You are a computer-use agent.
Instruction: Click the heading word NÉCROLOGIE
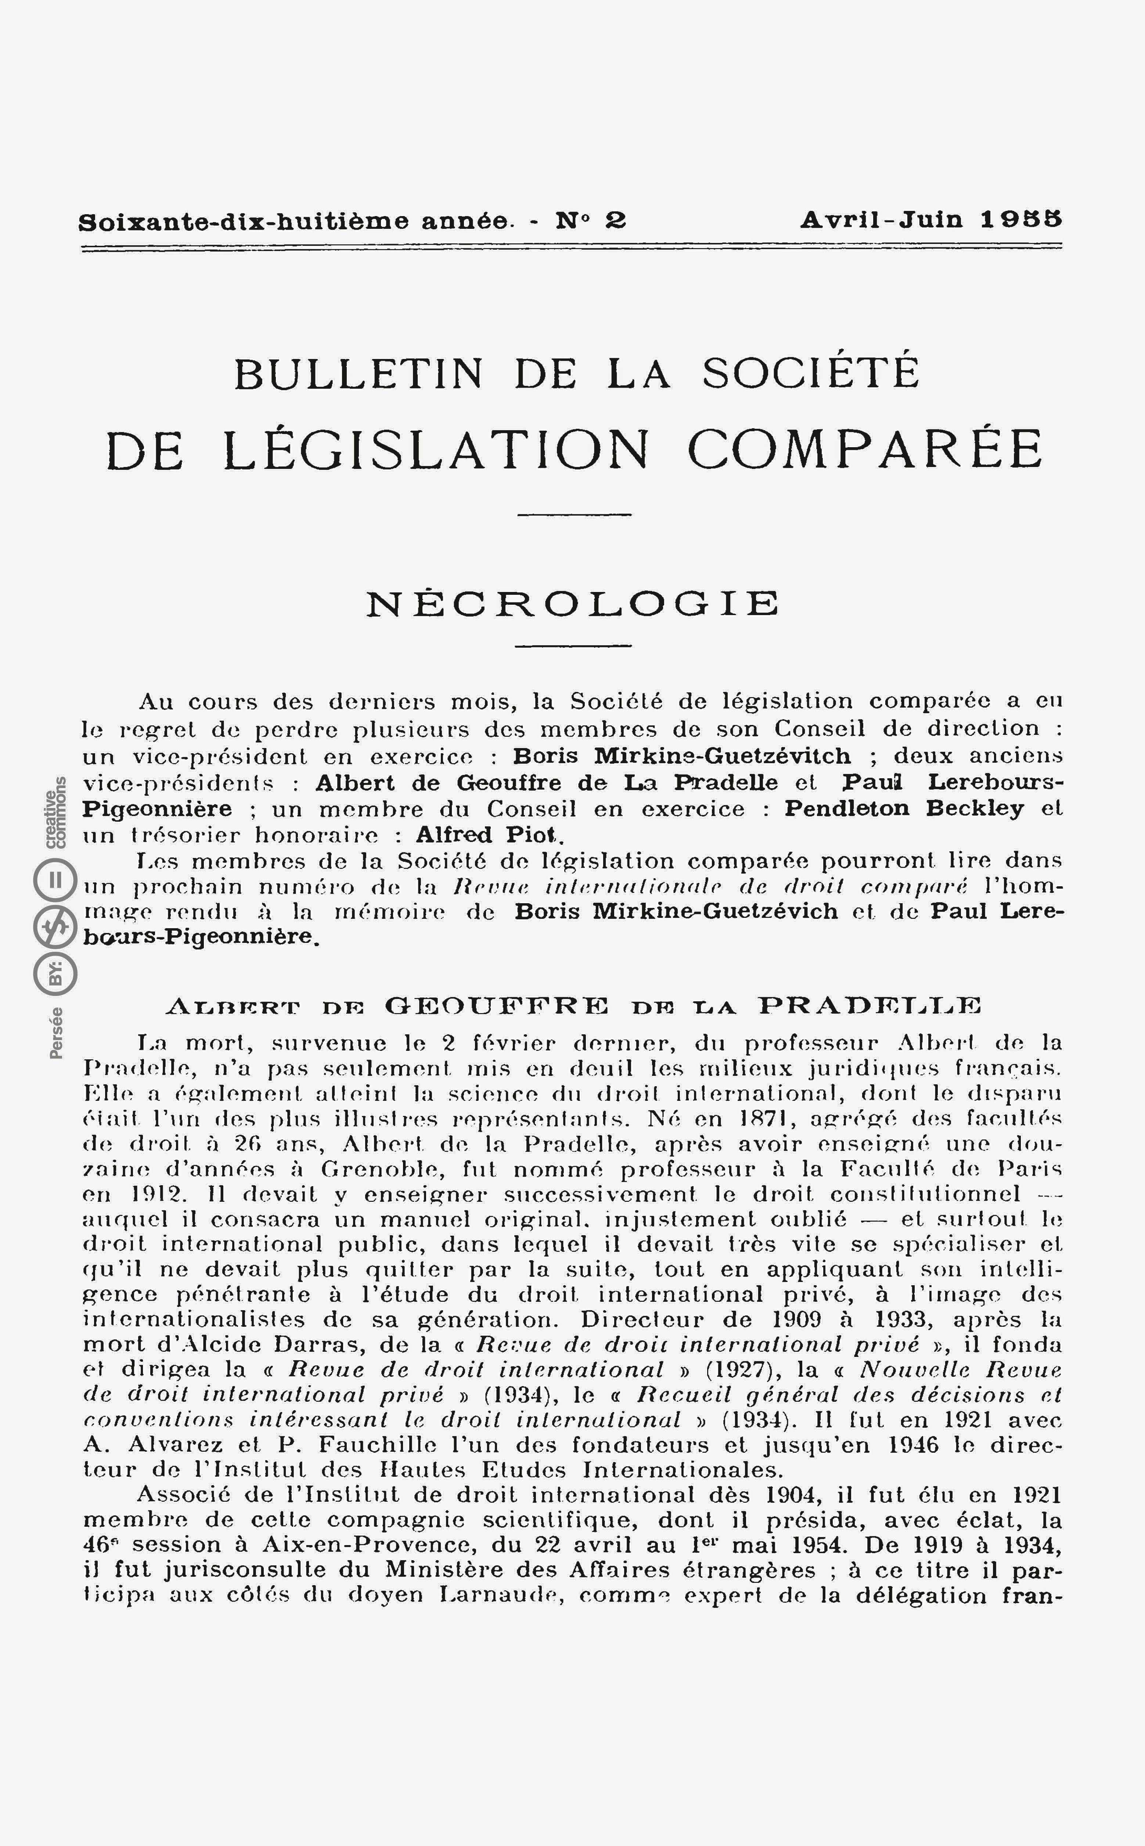tap(572, 604)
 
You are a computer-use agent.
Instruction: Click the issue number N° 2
tap(591, 220)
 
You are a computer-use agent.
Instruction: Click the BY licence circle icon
tap(55, 974)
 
